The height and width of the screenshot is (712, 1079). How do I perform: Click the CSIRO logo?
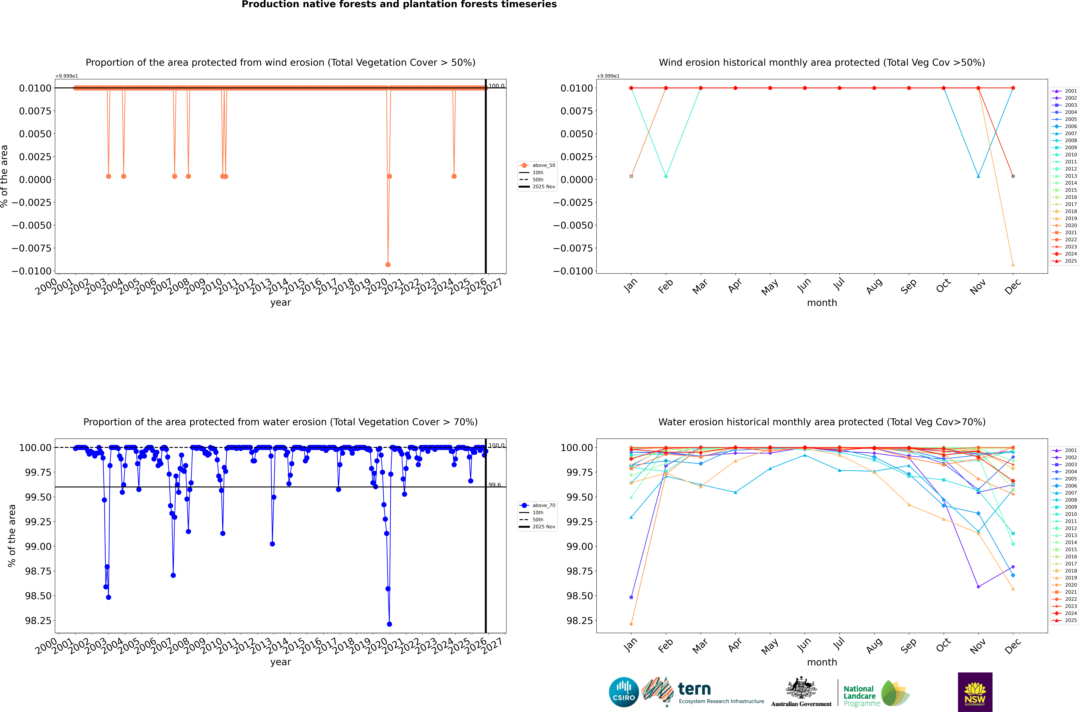pos(624,692)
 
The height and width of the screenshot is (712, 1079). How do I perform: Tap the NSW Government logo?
pos(975,692)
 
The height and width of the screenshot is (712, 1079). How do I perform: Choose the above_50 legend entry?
pos(538,165)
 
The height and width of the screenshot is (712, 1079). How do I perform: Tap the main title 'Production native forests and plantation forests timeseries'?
pos(399,5)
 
